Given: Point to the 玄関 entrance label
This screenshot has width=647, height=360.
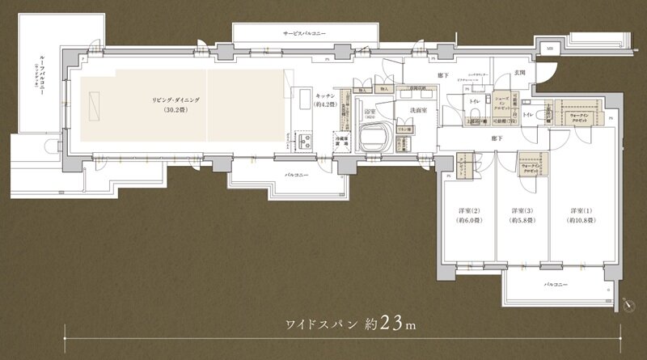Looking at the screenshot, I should pos(520,74).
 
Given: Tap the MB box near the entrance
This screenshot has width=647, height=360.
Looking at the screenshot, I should pos(550,49).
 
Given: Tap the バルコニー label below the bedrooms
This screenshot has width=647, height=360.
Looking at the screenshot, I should pos(556,286).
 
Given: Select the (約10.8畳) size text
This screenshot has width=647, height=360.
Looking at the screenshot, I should pos(580,220).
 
